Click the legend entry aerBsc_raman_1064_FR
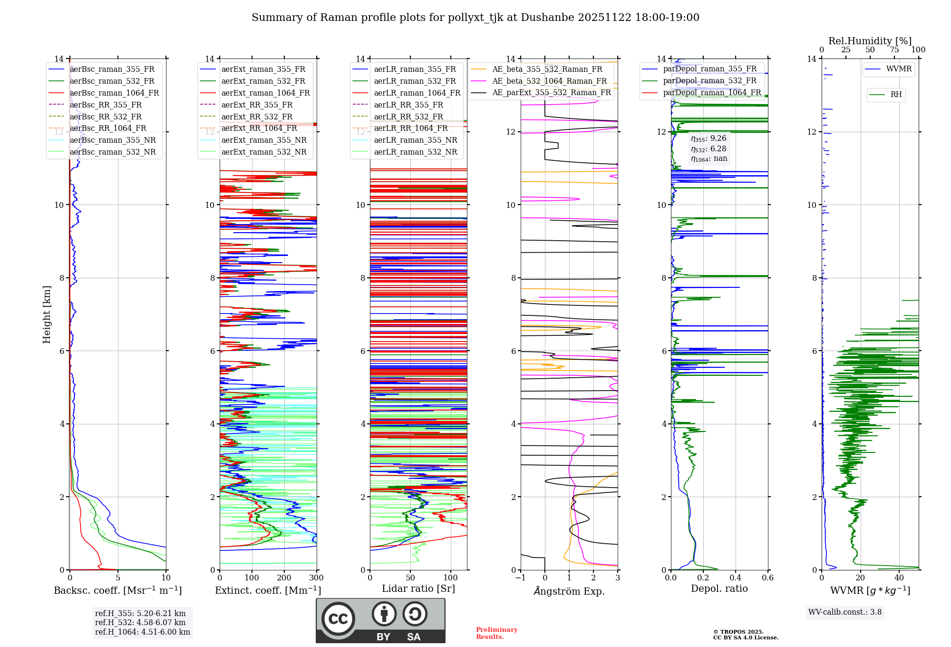114,93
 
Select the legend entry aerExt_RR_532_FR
257,117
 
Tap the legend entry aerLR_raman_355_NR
415,140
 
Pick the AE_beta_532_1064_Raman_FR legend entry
549,81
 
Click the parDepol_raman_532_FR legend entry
709,81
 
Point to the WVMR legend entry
899,69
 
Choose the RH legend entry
896,95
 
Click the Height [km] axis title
47,314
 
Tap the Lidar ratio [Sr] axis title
418,588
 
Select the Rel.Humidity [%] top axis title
870,41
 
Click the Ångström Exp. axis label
569,591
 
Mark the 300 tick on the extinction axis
317,578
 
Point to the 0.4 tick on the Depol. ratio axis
735,578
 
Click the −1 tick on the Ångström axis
520,578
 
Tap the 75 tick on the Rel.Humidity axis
894,50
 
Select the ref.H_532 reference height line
140,622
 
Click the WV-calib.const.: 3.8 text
845,612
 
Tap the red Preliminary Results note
496,633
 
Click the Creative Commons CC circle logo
338,619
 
